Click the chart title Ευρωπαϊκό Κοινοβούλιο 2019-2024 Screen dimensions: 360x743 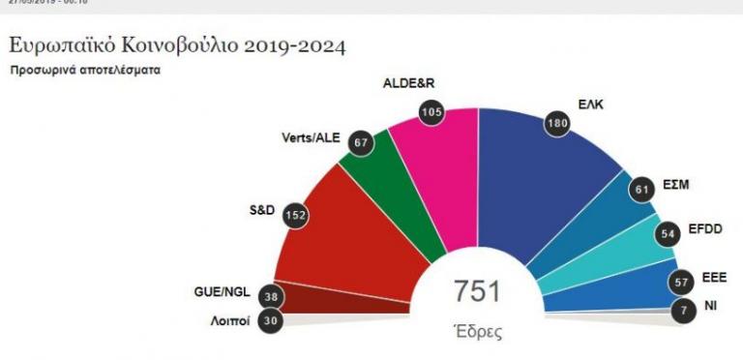click(x=177, y=45)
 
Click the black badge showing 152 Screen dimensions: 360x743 click(x=296, y=217)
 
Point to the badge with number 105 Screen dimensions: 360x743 click(x=431, y=112)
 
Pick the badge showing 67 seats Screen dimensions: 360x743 click(x=362, y=142)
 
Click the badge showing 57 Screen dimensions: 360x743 click(x=683, y=282)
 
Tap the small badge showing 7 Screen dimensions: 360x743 click(x=683, y=312)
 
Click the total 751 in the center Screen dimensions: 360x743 click(x=478, y=293)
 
